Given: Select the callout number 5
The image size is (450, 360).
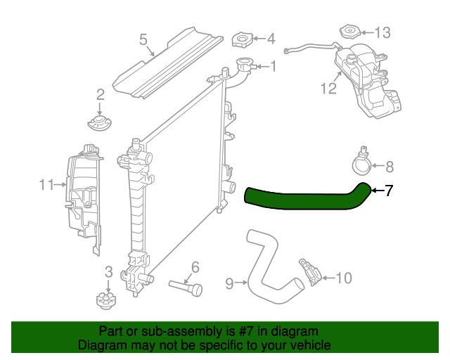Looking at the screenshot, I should (143, 39).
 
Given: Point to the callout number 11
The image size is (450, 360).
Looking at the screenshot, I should (46, 185).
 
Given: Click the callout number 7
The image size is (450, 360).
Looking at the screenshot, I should (389, 190).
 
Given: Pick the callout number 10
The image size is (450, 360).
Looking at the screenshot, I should (342, 278).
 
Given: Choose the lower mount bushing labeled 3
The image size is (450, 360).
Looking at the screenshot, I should (108, 301).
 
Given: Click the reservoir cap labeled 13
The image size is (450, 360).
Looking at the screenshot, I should (349, 32).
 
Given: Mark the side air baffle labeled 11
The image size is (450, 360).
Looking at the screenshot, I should (81, 197).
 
